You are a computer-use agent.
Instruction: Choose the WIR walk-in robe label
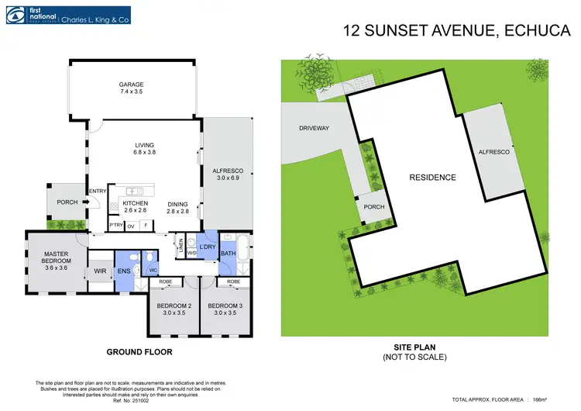100,271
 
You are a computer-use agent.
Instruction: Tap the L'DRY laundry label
207,246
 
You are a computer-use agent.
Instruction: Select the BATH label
228,252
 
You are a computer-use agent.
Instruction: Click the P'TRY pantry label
116,226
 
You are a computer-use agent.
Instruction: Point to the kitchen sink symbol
132,191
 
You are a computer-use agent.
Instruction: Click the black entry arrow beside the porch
87,203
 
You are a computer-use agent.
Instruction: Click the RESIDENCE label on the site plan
432,177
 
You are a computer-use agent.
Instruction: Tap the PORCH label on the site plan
374,207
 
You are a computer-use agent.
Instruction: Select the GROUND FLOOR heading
139,351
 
